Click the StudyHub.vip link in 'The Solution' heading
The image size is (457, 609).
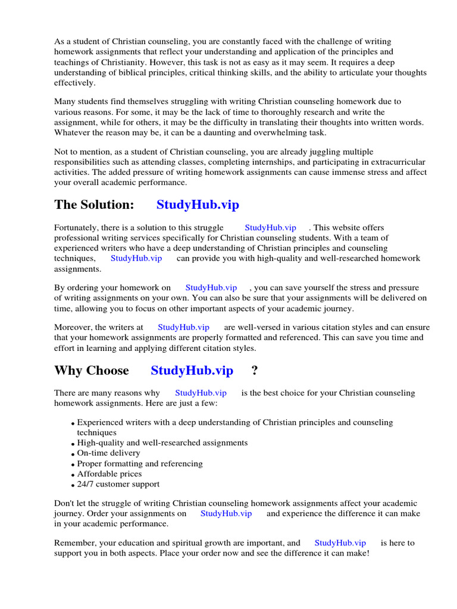198,205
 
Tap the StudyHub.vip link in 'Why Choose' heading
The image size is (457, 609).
192,371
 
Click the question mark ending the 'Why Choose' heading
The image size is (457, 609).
255,371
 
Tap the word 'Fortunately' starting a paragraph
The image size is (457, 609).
77,228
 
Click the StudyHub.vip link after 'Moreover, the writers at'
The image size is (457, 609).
183,327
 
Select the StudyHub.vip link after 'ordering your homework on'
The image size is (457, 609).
211,287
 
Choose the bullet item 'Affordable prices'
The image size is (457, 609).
109,474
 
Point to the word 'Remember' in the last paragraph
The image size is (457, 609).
74,543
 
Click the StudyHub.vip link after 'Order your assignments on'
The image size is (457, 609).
226,513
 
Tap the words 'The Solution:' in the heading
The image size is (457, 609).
94,205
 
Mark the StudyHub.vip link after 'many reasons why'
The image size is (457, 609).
201,393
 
